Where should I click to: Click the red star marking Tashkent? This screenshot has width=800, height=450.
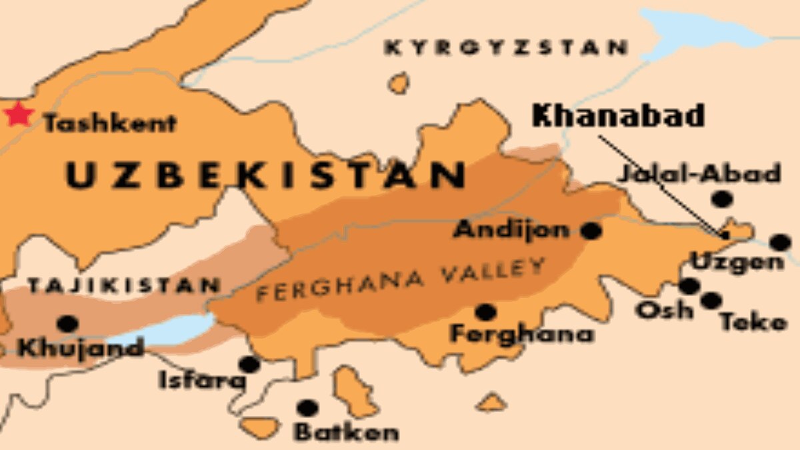pos(19,115)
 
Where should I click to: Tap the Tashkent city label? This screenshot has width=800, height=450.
pos(110,123)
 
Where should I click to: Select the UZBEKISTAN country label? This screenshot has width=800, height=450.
pos(265,175)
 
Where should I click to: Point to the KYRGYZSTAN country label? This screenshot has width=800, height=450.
pos(507,48)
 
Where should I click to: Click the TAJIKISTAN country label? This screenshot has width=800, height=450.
pos(124,286)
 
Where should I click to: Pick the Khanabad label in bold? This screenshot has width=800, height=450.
pos(618,117)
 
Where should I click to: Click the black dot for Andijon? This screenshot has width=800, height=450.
pos(591,231)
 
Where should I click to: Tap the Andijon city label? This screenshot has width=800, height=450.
pos(511,231)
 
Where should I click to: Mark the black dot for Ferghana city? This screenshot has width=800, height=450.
pos(485,311)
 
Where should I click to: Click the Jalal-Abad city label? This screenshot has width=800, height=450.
pos(699,174)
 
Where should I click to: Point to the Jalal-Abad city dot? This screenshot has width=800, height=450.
pos(721,199)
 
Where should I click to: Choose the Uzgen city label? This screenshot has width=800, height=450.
pos(737,262)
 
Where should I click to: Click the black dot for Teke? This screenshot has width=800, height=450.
pos(711,301)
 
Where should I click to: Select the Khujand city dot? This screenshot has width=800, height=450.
pos(67,324)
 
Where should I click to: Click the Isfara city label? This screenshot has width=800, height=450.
pos(202,381)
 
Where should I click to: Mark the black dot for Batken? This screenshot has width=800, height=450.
pos(306,407)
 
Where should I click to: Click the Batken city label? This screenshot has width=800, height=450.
pos(347,432)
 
